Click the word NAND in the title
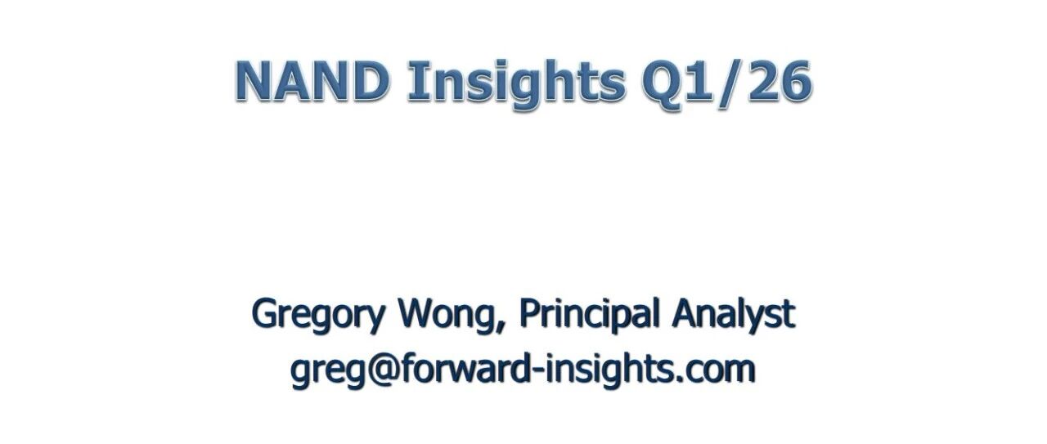coord(312,80)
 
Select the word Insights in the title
coord(516,84)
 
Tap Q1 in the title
coord(678,81)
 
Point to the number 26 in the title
coord(780,81)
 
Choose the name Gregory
coord(318,315)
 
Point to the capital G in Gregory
coord(266,314)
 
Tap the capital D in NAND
coord(371,81)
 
